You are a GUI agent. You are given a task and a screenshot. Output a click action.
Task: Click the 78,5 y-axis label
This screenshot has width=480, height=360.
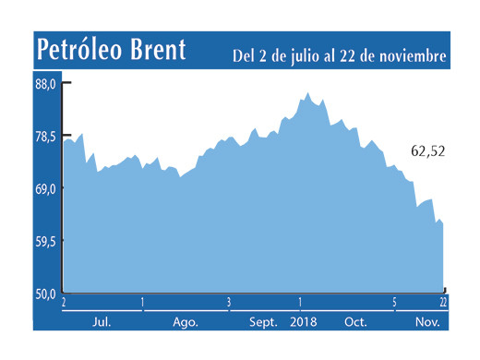click(46, 136)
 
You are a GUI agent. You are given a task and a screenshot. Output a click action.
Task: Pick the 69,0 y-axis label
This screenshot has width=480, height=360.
click(46, 188)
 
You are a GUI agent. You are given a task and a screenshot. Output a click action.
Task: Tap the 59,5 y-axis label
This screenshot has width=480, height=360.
click(46, 241)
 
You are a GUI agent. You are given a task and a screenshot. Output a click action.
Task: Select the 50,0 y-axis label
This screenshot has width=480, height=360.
click(46, 294)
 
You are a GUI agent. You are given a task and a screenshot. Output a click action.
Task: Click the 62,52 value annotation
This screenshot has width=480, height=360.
click(426, 151)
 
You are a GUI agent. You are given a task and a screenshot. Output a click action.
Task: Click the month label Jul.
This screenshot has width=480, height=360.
click(102, 322)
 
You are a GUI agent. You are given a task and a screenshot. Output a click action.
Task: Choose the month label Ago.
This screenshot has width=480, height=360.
click(186, 322)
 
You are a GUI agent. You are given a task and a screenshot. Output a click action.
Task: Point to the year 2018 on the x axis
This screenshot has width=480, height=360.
click(303, 322)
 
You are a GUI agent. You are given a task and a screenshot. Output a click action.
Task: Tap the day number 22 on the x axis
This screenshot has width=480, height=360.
click(444, 303)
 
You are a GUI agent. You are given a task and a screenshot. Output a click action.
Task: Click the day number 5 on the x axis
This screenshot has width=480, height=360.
click(394, 303)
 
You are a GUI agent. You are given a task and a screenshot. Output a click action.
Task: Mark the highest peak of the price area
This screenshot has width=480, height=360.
click(308, 93)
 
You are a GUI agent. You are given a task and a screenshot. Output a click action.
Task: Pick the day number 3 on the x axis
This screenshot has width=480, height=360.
click(228, 303)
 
